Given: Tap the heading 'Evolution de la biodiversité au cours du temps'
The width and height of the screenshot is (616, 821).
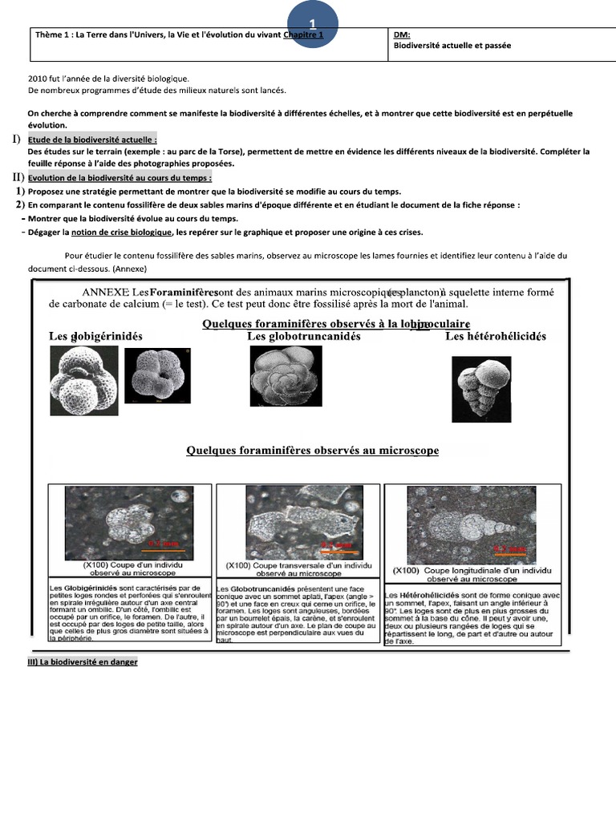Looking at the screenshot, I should pos(120,177).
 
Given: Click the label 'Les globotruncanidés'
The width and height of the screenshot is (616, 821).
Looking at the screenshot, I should pos(303,336).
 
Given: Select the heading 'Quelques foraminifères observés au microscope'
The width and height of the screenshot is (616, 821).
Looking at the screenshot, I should pos(312,451).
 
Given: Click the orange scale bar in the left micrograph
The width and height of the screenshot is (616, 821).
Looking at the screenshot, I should pos(164,550).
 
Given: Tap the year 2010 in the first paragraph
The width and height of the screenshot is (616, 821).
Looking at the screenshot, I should pos(37,79).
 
